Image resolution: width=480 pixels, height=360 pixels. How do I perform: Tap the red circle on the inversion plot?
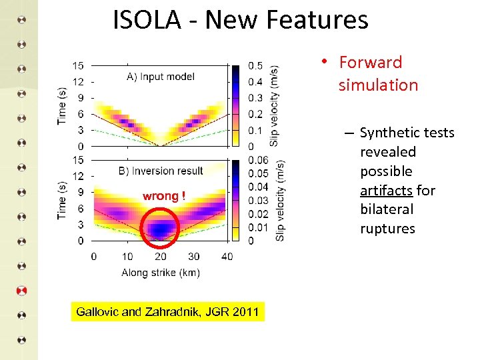[x=161, y=227]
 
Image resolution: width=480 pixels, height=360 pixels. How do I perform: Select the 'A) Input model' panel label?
[x=161, y=77]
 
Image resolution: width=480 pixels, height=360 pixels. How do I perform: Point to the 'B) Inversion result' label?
[x=161, y=171]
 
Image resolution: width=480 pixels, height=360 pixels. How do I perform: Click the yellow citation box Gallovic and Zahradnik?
[x=167, y=311]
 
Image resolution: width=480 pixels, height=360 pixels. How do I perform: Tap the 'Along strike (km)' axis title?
[x=161, y=272]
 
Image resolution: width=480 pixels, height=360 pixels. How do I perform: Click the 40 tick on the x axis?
[x=227, y=256]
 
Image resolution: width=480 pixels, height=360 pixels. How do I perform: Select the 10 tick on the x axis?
[x=127, y=256]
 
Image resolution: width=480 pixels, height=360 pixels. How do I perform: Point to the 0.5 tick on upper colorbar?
[x=255, y=65]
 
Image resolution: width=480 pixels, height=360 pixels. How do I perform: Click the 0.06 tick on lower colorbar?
[x=258, y=160]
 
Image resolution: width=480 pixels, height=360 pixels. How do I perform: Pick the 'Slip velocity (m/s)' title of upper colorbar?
[x=275, y=106]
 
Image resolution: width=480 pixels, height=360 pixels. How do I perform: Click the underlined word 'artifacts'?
[x=386, y=191]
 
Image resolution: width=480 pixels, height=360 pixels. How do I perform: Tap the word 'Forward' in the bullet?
[x=371, y=63]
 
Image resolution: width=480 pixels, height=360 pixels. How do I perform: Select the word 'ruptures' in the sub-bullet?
[x=387, y=229]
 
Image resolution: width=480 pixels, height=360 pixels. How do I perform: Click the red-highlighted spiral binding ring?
[x=22, y=291]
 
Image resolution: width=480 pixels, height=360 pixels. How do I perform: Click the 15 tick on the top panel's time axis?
[x=78, y=65]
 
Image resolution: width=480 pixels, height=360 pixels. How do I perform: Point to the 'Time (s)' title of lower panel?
[x=62, y=199]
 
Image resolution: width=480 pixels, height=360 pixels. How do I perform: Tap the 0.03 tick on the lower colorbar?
[x=258, y=201]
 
